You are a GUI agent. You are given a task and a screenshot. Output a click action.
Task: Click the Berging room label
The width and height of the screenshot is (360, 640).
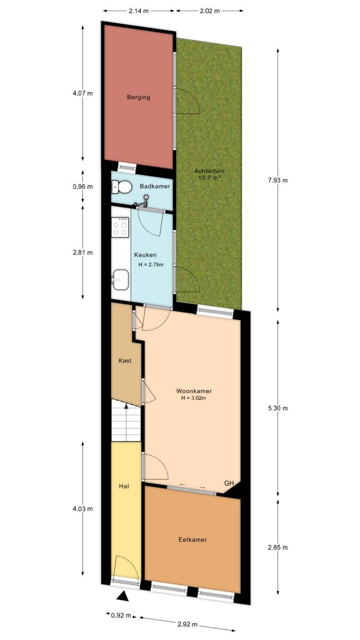138,97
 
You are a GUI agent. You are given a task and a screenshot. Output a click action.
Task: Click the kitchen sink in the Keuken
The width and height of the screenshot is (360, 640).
121,279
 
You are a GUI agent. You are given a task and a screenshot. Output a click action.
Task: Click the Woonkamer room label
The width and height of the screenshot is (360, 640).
193,392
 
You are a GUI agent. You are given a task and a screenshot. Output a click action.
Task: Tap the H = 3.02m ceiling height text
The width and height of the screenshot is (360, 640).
193,398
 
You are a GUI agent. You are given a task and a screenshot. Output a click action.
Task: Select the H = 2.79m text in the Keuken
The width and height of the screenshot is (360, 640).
150,264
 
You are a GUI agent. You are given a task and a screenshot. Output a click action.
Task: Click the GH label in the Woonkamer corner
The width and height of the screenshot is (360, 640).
229,483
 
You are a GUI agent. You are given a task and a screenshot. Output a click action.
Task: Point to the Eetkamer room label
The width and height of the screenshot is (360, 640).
192,539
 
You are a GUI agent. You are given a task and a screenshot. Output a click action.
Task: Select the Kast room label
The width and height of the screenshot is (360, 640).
124,361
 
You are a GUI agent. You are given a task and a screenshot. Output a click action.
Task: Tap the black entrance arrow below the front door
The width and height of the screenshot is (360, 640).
124,596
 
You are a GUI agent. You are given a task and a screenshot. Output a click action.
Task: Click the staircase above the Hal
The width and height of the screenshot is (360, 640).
127,422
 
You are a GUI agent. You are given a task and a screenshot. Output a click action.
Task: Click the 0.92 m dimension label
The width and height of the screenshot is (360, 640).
121,615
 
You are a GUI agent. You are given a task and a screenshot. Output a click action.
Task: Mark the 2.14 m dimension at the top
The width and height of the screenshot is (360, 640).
138,11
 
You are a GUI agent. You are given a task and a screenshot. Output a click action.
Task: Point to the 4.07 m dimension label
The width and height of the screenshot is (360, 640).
82,94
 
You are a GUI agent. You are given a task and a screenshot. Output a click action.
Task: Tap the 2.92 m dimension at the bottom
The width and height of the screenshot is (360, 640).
187,624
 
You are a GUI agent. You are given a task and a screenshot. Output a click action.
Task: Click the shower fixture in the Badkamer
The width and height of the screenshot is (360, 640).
145,200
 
